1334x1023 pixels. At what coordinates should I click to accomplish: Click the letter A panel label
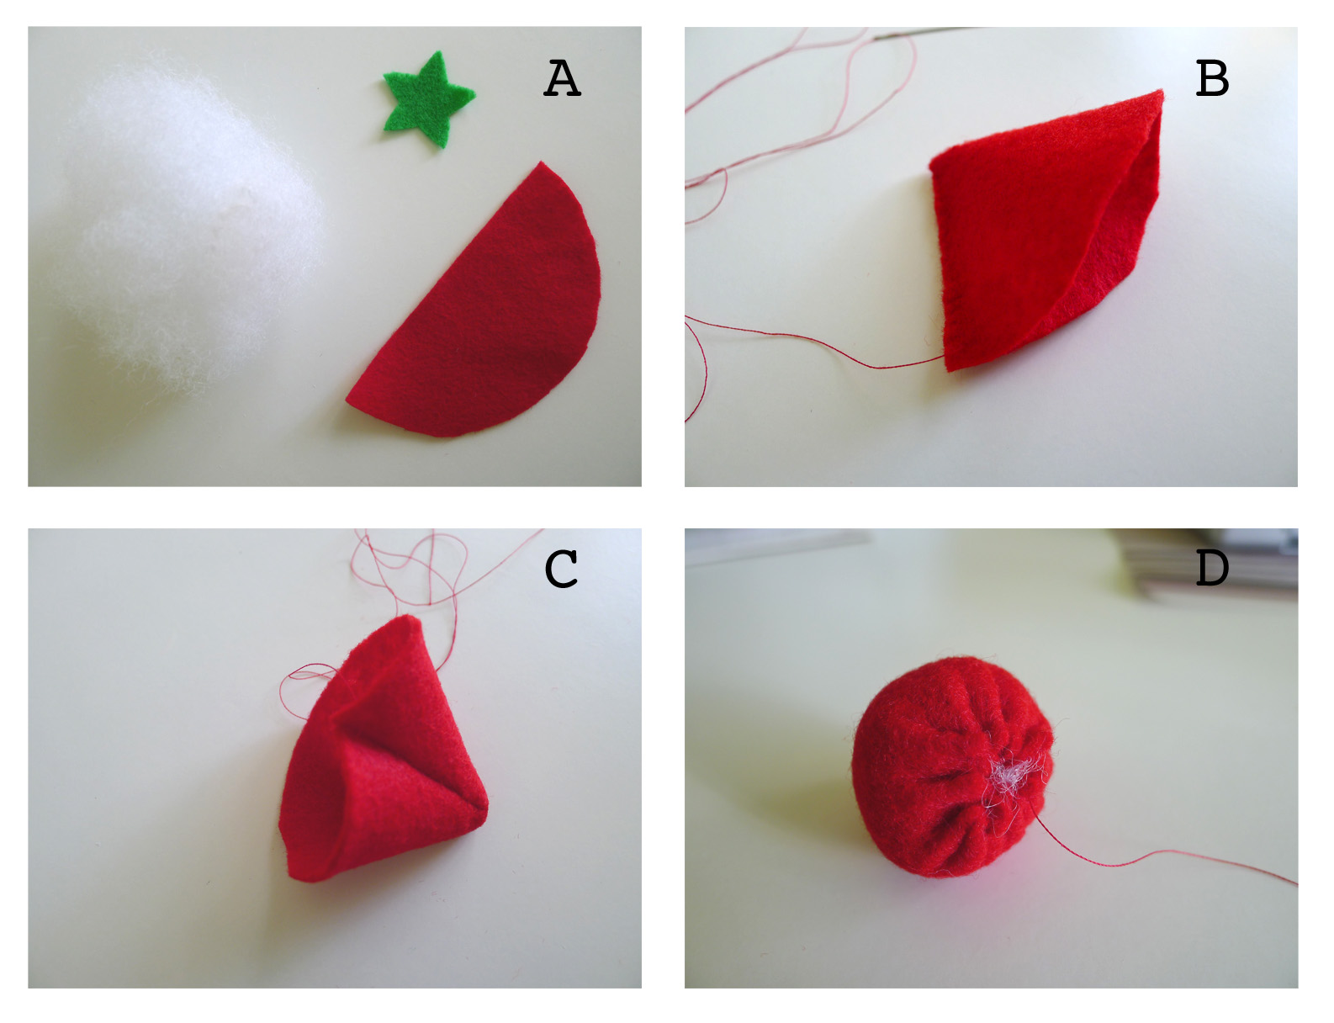pyautogui.click(x=562, y=78)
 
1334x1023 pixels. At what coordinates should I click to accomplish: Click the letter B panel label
pyautogui.click(x=1212, y=78)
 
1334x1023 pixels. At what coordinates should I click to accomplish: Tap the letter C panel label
pyautogui.click(x=561, y=569)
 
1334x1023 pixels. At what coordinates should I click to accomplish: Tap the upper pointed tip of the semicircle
pyautogui.click(x=541, y=162)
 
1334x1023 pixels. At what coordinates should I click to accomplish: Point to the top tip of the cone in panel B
pyautogui.click(x=1162, y=92)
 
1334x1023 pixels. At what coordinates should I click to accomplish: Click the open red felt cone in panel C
pyautogui.click(x=381, y=755)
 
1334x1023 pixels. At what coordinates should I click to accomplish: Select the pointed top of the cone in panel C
pyautogui.click(x=408, y=617)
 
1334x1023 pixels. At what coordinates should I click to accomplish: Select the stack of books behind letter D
pyautogui.click(x=1206, y=565)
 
